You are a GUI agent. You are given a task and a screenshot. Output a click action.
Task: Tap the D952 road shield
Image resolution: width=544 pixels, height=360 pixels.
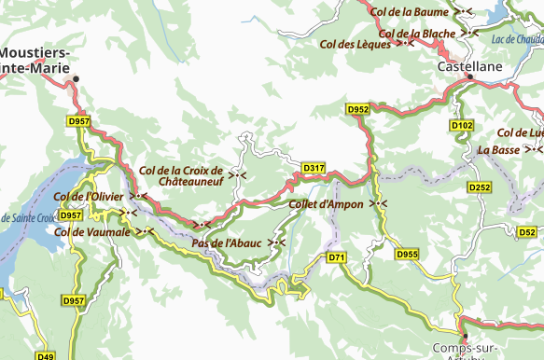tap(358, 109)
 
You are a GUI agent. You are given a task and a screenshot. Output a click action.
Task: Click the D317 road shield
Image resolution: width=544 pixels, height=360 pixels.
tap(314, 168)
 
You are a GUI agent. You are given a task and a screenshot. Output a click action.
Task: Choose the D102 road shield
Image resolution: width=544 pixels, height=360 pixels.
tap(462, 125)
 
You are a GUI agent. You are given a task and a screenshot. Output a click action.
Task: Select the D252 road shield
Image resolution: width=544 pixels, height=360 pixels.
tap(480, 187)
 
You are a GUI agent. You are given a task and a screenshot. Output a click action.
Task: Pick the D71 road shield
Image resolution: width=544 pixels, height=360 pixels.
tap(337, 257)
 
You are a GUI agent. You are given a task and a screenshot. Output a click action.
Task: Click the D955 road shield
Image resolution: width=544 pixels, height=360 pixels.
tap(407, 254)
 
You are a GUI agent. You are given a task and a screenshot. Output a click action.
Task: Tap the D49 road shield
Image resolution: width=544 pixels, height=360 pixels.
tap(46, 355)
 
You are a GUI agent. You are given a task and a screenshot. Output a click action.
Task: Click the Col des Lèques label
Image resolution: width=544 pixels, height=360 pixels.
tap(355, 44)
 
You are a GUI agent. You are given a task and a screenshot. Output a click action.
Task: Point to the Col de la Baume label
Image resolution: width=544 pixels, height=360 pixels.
tap(409, 12)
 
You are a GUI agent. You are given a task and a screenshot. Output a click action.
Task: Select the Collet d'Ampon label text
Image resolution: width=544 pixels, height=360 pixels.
tap(326, 204)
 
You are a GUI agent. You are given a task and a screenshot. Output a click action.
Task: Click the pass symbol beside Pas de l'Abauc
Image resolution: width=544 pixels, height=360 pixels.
tap(276, 243)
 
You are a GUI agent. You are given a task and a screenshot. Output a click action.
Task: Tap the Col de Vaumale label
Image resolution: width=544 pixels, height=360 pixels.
tap(92, 231)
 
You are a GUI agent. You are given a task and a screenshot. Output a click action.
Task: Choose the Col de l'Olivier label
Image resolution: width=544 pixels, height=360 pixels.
tap(89, 196)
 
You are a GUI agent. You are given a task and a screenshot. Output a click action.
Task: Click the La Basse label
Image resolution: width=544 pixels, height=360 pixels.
tap(498, 149)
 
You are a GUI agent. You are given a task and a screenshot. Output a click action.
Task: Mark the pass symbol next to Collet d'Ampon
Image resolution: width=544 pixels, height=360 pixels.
tap(378, 203)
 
